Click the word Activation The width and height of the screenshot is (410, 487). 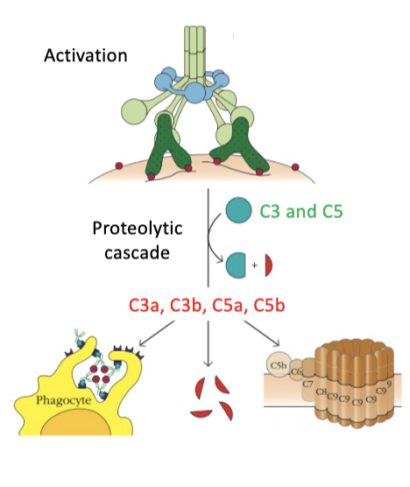pyautogui.click(x=85, y=55)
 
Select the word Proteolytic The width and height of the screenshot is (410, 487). pyautogui.click(x=131, y=229)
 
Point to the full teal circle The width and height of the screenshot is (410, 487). pyautogui.click(x=236, y=210)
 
